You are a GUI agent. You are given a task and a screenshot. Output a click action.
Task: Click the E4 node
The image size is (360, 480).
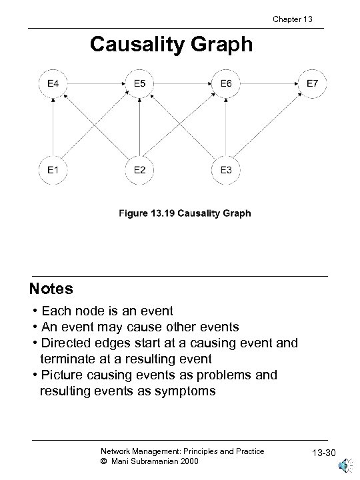click(52, 85)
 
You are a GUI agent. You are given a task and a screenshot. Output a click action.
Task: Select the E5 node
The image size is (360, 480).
click(140, 85)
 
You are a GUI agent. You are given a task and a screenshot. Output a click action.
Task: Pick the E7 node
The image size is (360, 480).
click(312, 85)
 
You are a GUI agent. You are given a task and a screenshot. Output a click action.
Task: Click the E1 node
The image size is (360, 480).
click(52, 170)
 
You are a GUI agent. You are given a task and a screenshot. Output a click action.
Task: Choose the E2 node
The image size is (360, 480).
click(140, 170)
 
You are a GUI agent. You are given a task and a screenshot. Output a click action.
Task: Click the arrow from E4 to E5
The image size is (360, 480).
click(96, 85)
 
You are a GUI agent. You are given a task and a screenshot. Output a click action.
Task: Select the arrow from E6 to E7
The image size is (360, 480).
click(269, 85)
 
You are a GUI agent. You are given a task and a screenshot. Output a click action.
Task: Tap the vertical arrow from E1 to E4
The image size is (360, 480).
click(52, 127)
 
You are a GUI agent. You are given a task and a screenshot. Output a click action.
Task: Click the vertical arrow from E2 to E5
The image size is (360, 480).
click(140, 127)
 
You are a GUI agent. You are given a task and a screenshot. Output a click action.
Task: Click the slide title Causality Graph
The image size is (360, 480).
click(171, 45)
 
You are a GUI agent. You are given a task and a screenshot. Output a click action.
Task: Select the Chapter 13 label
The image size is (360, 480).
click(293, 19)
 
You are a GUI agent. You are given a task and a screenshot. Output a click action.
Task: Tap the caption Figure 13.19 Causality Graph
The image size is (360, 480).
click(185, 213)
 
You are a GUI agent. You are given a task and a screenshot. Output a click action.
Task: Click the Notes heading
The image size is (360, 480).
click(51, 290)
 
